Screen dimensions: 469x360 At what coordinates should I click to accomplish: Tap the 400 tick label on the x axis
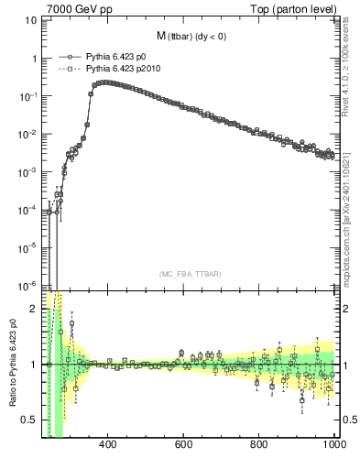click(x=107, y=444)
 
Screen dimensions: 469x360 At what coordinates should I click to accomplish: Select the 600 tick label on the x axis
click(x=183, y=444)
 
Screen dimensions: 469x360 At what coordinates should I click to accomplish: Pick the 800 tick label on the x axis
click(x=259, y=444)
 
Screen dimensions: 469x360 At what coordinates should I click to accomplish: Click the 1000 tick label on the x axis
click(x=333, y=444)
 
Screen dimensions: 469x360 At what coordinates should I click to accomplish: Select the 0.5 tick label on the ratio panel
click(x=27, y=420)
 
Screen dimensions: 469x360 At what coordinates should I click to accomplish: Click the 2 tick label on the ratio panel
click(x=32, y=310)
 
